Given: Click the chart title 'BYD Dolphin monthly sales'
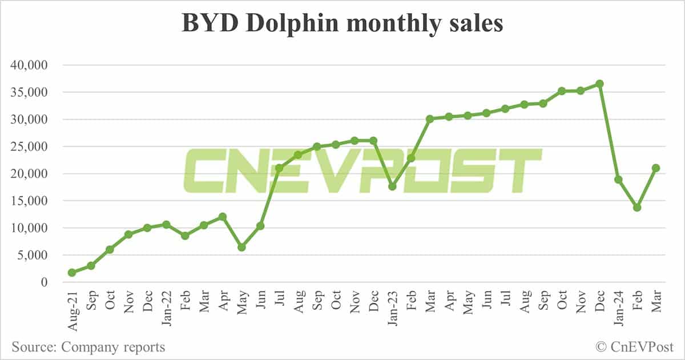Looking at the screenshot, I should click(x=342, y=23).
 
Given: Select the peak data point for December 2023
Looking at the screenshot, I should click(x=599, y=84).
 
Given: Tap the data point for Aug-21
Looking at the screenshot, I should click(x=72, y=273).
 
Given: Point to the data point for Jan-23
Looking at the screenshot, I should click(x=392, y=187).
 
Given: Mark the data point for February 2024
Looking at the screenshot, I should click(x=637, y=208).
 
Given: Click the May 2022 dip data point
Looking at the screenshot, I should click(x=241, y=247).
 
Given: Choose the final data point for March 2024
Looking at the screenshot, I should click(x=656, y=168).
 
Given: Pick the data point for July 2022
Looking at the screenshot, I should click(x=279, y=168).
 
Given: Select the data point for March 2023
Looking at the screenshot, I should click(x=430, y=119).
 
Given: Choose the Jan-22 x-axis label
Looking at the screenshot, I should click(x=166, y=309).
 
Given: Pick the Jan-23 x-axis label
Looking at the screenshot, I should click(x=392, y=309).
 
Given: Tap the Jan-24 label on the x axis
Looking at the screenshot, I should click(x=618, y=309).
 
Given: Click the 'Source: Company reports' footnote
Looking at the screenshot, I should click(x=88, y=346).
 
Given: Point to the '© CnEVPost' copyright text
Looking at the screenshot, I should click(x=634, y=346).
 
